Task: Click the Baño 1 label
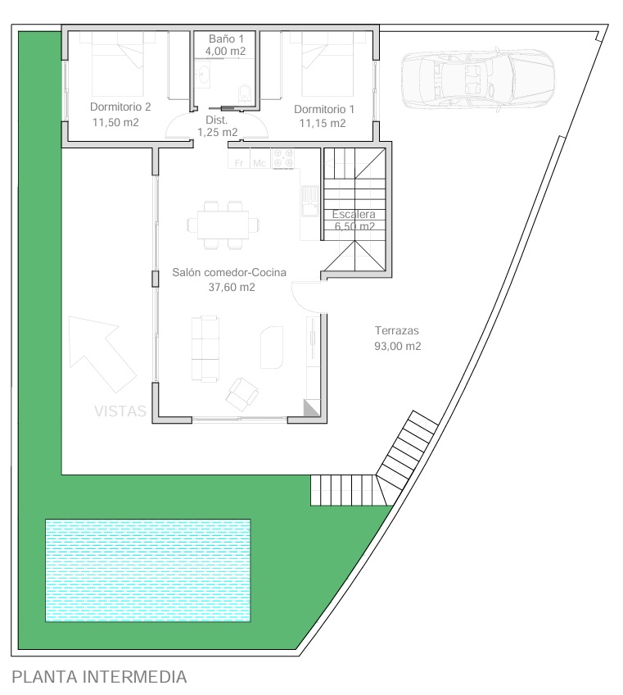(x=226, y=39)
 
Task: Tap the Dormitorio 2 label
(x=120, y=107)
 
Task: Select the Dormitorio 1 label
(x=324, y=109)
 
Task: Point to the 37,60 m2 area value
(x=232, y=287)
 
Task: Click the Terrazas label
(x=397, y=330)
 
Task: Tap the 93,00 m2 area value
(x=398, y=346)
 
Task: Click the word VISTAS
(x=120, y=411)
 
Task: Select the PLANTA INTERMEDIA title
(x=99, y=677)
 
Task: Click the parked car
(x=478, y=78)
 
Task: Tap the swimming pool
(x=148, y=570)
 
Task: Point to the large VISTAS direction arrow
(x=102, y=354)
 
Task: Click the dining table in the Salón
(x=223, y=225)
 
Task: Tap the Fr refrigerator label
(x=239, y=163)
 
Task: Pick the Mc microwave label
(x=260, y=163)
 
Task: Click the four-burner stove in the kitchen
(x=283, y=158)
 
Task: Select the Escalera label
(x=354, y=214)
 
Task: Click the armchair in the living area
(x=242, y=394)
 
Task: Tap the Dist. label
(x=216, y=120)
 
